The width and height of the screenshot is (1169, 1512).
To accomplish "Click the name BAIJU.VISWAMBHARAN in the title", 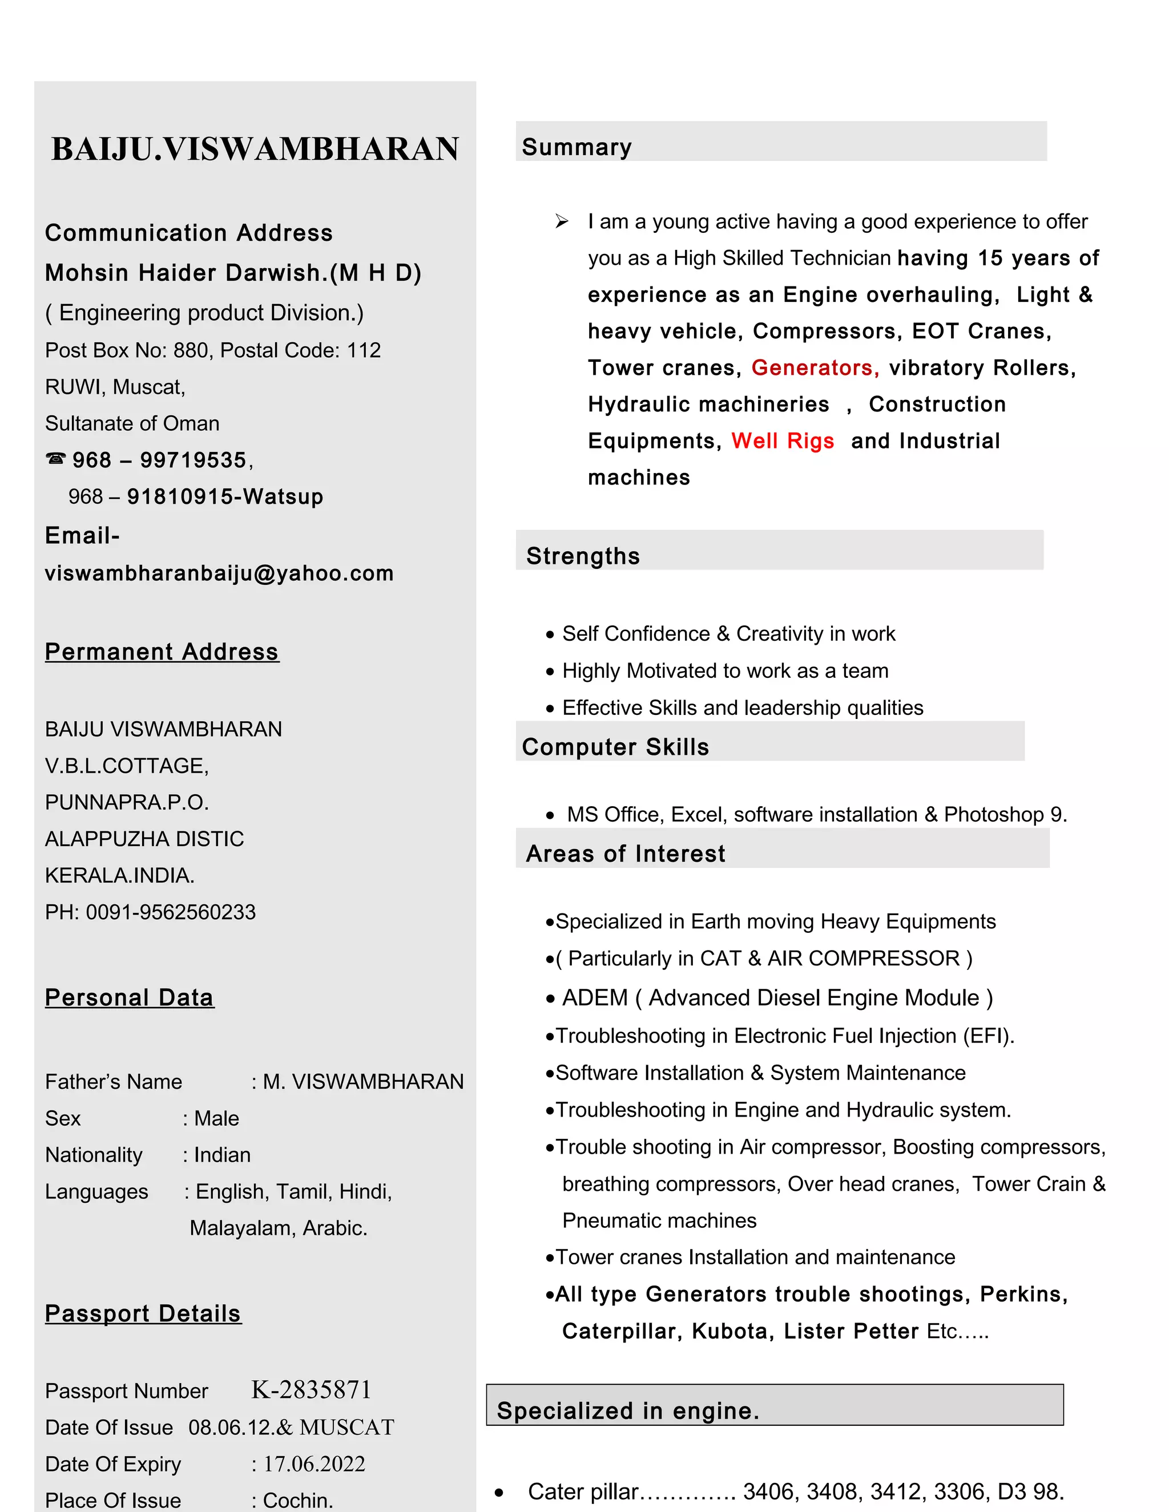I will [x=255, y=149].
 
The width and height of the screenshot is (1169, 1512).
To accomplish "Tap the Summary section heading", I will [x=576, y=147].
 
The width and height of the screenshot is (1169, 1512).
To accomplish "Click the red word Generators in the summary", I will [x=815, y=367].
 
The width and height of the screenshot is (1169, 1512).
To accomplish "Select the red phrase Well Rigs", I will [x=783, y=441].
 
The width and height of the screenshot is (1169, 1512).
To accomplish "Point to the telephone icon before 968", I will [x=55, y=458].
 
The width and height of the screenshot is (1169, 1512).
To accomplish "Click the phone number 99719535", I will [x=194, y=460].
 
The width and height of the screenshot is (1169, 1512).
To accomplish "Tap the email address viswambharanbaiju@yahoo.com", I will [x=219, y=573].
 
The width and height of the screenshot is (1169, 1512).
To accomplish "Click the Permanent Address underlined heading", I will [x=162, y=652].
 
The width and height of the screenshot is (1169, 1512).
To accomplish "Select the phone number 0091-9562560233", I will [x=170, y=912].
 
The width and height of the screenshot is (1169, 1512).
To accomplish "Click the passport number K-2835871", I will [x=311, y=1390].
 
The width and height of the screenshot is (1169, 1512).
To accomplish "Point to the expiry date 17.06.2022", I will [x=314, y=1464].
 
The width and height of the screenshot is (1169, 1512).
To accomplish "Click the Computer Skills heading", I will [x=615, y=747].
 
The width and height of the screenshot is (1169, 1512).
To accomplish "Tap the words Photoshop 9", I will [x=1005, y=815].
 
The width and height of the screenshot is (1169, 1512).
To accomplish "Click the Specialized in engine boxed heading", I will [x=627, y=1411].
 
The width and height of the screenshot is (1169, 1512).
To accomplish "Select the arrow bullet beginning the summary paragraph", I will [x=562, y=221].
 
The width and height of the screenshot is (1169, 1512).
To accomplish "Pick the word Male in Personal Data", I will [x=216, y=1119].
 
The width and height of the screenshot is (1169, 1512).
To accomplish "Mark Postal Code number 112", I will [x=364, y=350].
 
